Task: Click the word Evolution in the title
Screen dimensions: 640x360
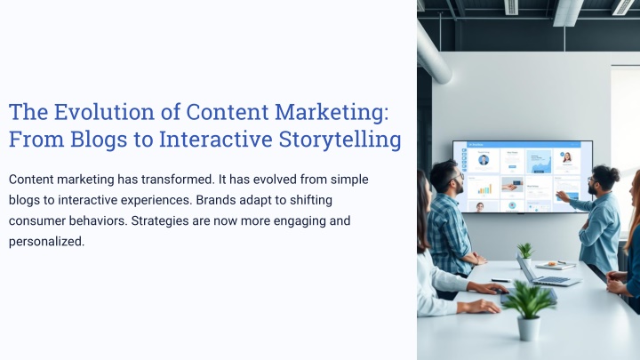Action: click(x=104, y=112)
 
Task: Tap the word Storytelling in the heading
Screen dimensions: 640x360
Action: click(x=340, y=140)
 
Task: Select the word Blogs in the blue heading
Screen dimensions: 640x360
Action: click(x=99, y=140)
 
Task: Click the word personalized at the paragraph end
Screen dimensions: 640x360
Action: click(x=46, y=242)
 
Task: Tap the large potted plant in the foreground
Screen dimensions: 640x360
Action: click(x=528, y=310)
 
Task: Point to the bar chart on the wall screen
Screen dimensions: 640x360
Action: click(x=484, y=188)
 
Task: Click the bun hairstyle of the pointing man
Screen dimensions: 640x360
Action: click(x=612, y=173)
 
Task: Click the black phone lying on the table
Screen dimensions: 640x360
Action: click(x=501, y=280)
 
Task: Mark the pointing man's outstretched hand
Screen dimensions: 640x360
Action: click(x=562, y=196)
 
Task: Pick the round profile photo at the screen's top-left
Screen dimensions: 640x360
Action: click(x=484, y=160)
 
